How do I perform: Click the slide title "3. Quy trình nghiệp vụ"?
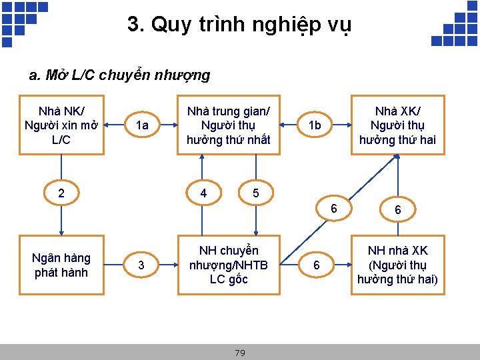[x=239, y=25]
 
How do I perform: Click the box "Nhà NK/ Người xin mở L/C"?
[x=61, y=125]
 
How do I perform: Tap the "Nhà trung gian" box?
[x=228, y=125]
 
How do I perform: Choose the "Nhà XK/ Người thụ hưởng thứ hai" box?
[x=397, y=125]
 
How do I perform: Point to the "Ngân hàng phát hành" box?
[x=61, y=265]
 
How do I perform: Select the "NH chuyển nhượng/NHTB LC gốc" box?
[x=228, y=265]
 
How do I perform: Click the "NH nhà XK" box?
[x=397, y=265]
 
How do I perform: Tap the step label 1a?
[x=141, y=125]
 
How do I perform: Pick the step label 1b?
[x=314, y=125]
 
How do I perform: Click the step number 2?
[x=61, y=193]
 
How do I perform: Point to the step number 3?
[x=141, y=265]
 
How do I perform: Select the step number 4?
[x=203, y=193]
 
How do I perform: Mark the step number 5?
[x=255, y=193]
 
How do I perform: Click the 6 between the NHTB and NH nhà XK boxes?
[x=317, y=265]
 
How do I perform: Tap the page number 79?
[x=240, y=353]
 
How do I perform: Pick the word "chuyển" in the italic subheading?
[x=125, y=75]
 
